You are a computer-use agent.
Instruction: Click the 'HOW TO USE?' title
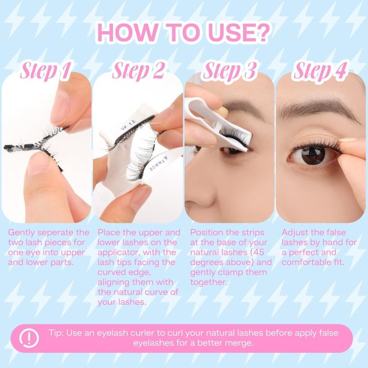click(182, 32)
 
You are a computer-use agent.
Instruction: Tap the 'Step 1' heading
click(45, 70)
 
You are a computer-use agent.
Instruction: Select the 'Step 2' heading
click(138, 70)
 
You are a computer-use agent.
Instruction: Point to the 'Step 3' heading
click(229, 70)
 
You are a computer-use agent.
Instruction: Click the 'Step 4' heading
click(320, 70)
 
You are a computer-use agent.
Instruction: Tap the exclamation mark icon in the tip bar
click(29, 338)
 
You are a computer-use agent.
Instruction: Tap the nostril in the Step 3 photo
click(193, 204)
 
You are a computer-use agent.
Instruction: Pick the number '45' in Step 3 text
click(259, 252)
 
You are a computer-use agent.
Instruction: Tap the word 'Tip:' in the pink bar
click(56, 333)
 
